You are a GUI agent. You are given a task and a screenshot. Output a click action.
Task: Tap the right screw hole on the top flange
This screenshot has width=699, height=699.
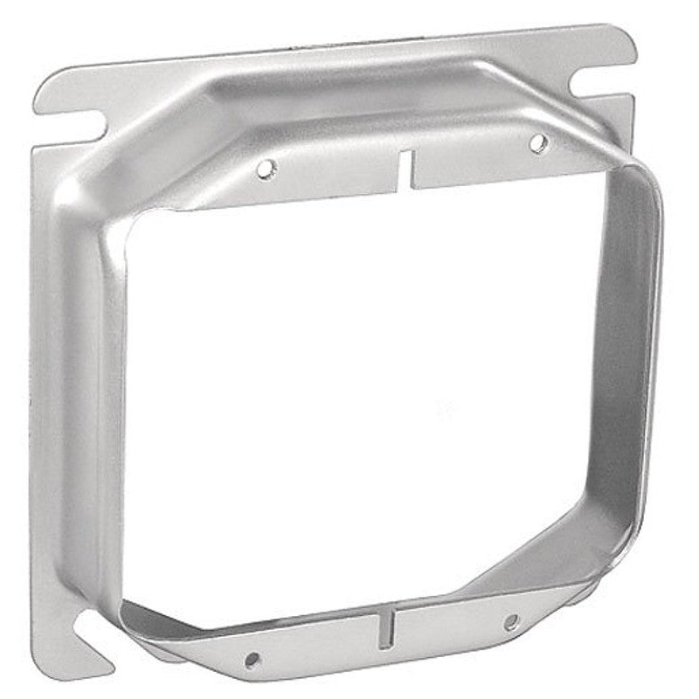pos(538,139)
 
